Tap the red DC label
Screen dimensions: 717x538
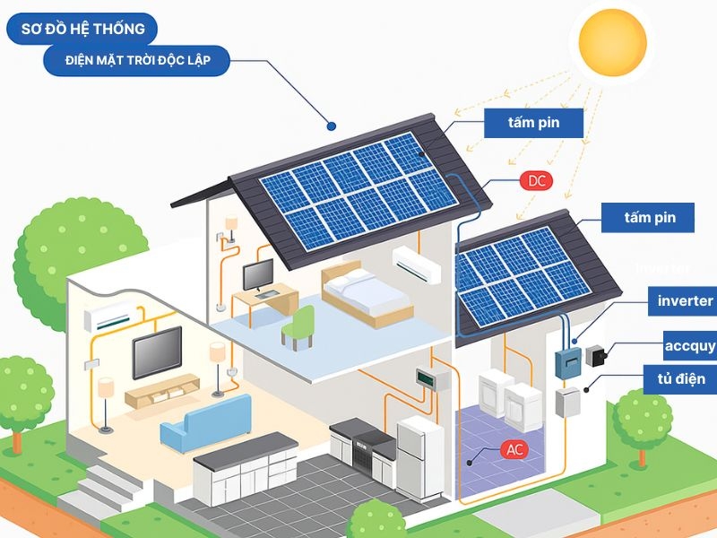[537, 181]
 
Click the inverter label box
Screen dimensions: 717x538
[684, 301]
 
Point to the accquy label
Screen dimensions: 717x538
[688, 345]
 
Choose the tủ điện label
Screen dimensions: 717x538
[680, 378]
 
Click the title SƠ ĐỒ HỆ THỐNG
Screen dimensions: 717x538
[82, 29]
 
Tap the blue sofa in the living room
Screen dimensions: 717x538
[205, 421]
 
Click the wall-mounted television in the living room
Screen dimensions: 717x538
[157, 351]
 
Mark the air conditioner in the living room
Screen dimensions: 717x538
[107, 317]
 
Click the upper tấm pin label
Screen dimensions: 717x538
[534, 123]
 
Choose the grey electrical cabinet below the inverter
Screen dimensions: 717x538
[567, 403]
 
